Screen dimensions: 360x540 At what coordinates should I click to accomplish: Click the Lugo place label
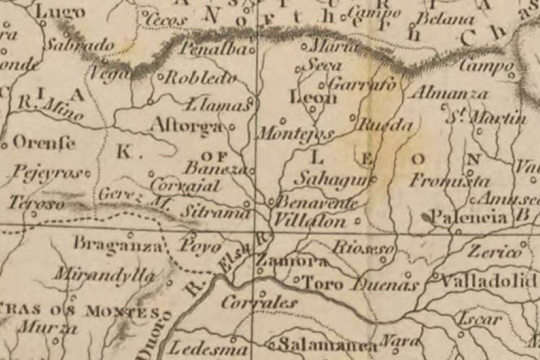60,12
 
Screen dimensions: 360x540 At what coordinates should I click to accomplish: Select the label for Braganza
117,242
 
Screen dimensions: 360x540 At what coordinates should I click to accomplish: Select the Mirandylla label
106,274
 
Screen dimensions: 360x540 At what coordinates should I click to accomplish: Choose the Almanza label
448,93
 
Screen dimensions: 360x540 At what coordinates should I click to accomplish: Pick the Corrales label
260,302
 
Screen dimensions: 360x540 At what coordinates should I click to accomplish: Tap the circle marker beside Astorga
232,126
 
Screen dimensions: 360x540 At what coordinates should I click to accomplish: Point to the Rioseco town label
362,247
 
